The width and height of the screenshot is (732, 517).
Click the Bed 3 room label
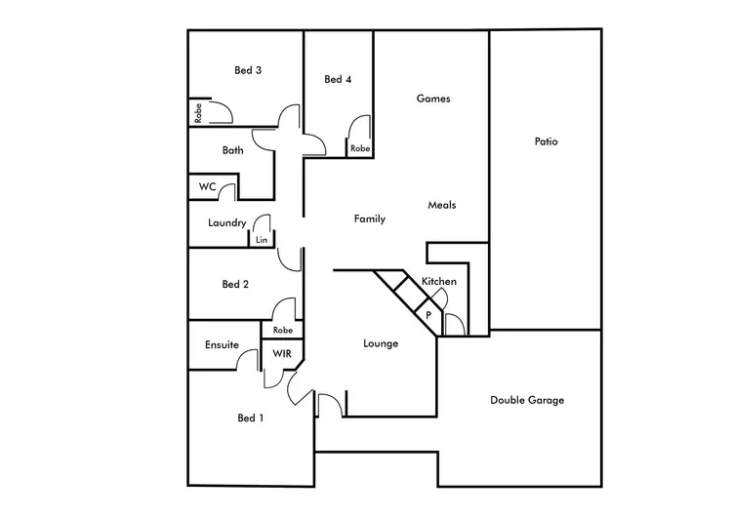tap(248, 70)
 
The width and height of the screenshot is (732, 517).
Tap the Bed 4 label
tap(338, 80)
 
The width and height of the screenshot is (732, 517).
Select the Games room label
tap(433, 99)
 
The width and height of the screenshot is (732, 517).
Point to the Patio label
tap(546, 141)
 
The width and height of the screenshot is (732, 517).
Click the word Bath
tap(232, 150)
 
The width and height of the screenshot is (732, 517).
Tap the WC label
tap(207, 186)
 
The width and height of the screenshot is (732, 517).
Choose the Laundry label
tap(226, 223)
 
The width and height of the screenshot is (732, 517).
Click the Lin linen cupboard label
tap(262, 239)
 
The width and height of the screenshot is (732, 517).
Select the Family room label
tap(370, 219)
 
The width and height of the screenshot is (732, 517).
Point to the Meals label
tap(442, 205)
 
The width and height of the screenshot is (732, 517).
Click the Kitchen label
tap(439, 282)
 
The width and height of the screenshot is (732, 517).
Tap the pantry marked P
tap(428, 316)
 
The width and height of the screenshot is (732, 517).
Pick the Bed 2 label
tap(235, 285)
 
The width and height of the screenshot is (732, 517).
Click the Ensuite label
tap(222, 344)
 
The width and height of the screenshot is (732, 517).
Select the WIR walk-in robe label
tap(281, 353)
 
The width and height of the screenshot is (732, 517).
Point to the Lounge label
tap(380, 343)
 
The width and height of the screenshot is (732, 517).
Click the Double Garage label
tap(527, 400)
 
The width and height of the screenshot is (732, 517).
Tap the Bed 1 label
tap(251, 418)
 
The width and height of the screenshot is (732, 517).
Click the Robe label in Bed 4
tap(360, 148)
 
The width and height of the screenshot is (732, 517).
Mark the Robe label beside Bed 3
tap(197, 114)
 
